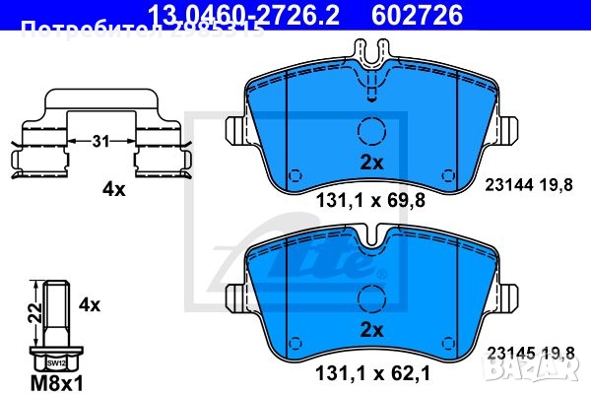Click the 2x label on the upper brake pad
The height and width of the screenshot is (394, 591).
tap(370, 160)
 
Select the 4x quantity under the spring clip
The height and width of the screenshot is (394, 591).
tap(114, 189)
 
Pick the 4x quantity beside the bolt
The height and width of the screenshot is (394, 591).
tap(90, 305)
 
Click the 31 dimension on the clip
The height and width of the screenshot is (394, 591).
tap(98, 142)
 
